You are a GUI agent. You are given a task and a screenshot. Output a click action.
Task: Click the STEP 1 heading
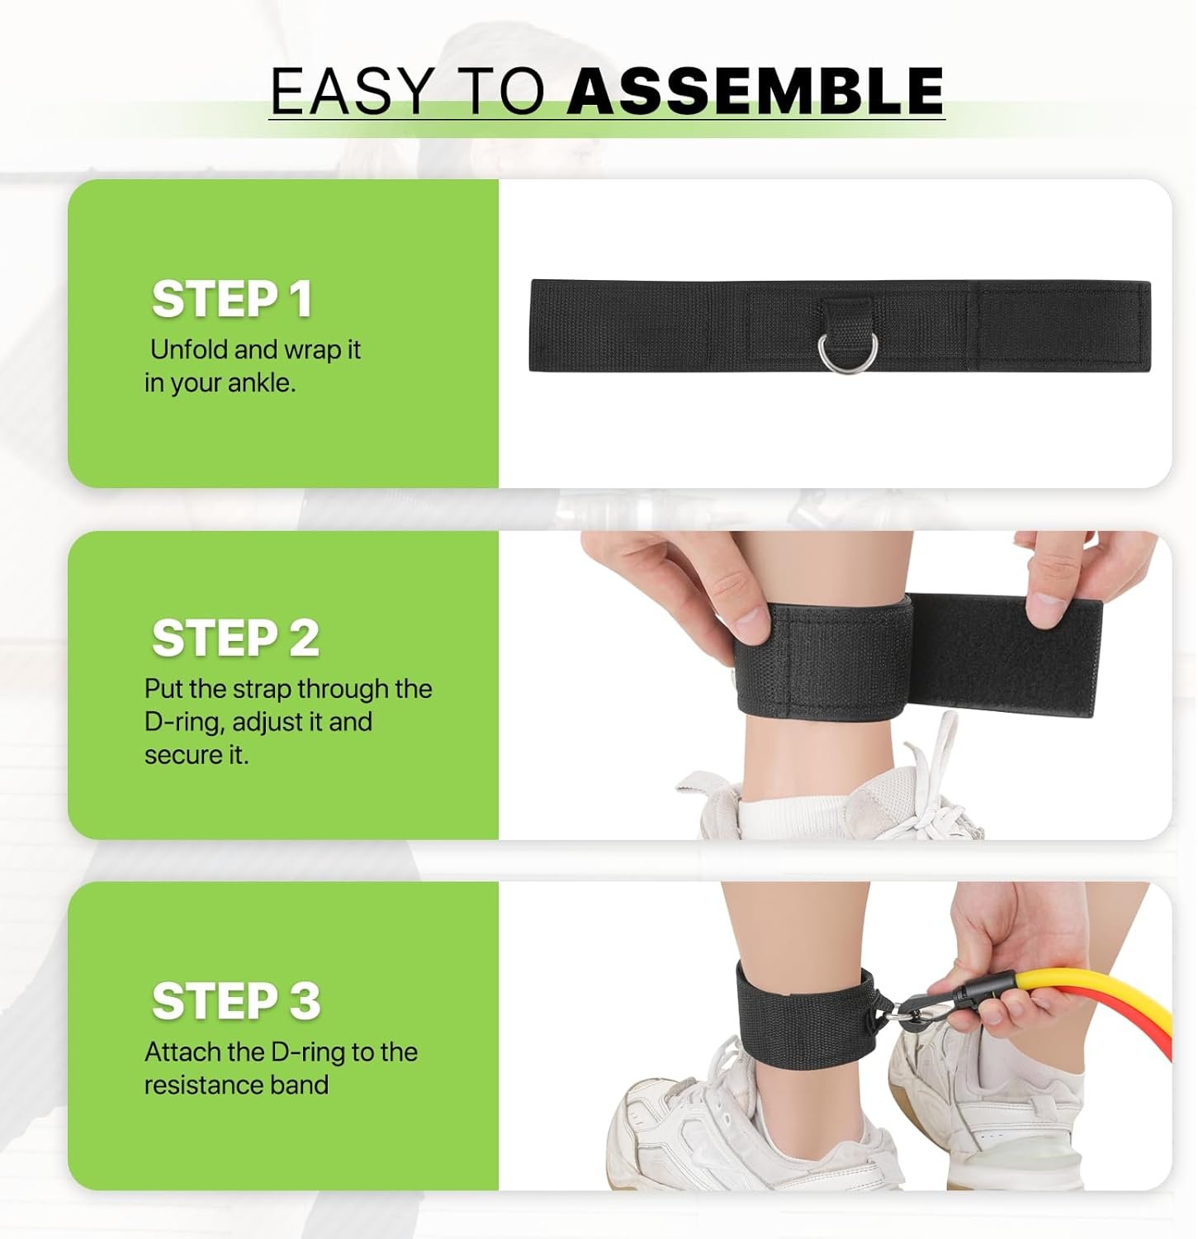click(232, 299)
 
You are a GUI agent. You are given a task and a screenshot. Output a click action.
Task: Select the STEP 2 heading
click(235, 638)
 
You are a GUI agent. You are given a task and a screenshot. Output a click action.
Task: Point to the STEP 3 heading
click(236, 1001)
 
